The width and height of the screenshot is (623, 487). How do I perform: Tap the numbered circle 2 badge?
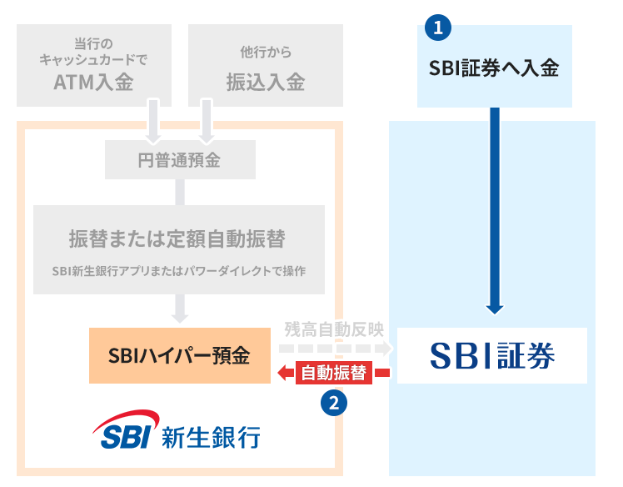pyautogui.click(x=333, y=403)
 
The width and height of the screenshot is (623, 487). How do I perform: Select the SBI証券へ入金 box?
pyautogui.click(x=494, y=68)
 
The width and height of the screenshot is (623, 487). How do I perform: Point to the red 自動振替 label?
pyautogui.click(x=333, y=373)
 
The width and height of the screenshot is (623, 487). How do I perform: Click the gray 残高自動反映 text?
pyautogui.click(x=333, y=329)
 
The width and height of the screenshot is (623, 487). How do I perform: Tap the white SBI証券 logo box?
pyautogui.click(x=492, y=355)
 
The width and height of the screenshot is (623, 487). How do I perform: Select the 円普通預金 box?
pyautogui.click(x=179, y=160)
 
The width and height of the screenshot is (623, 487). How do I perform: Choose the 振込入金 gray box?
pyautogui.click(x=265, y=65)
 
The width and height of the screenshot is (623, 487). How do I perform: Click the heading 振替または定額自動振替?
pyautogui.click(x=177, y=239)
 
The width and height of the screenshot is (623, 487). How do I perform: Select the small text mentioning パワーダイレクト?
pyautogui.click(x=179, y=272)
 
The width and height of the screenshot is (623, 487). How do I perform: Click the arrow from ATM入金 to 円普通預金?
pyautogui.click(x=154, y=122)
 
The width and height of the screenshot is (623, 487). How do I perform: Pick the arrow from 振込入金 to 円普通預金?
pyautogui.click(x=206, y=122)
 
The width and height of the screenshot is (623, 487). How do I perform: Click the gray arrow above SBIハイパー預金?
pyautogui.click(x=179, y=309)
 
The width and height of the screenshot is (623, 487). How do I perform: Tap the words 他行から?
pyautogui.click(x=265, y=51)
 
